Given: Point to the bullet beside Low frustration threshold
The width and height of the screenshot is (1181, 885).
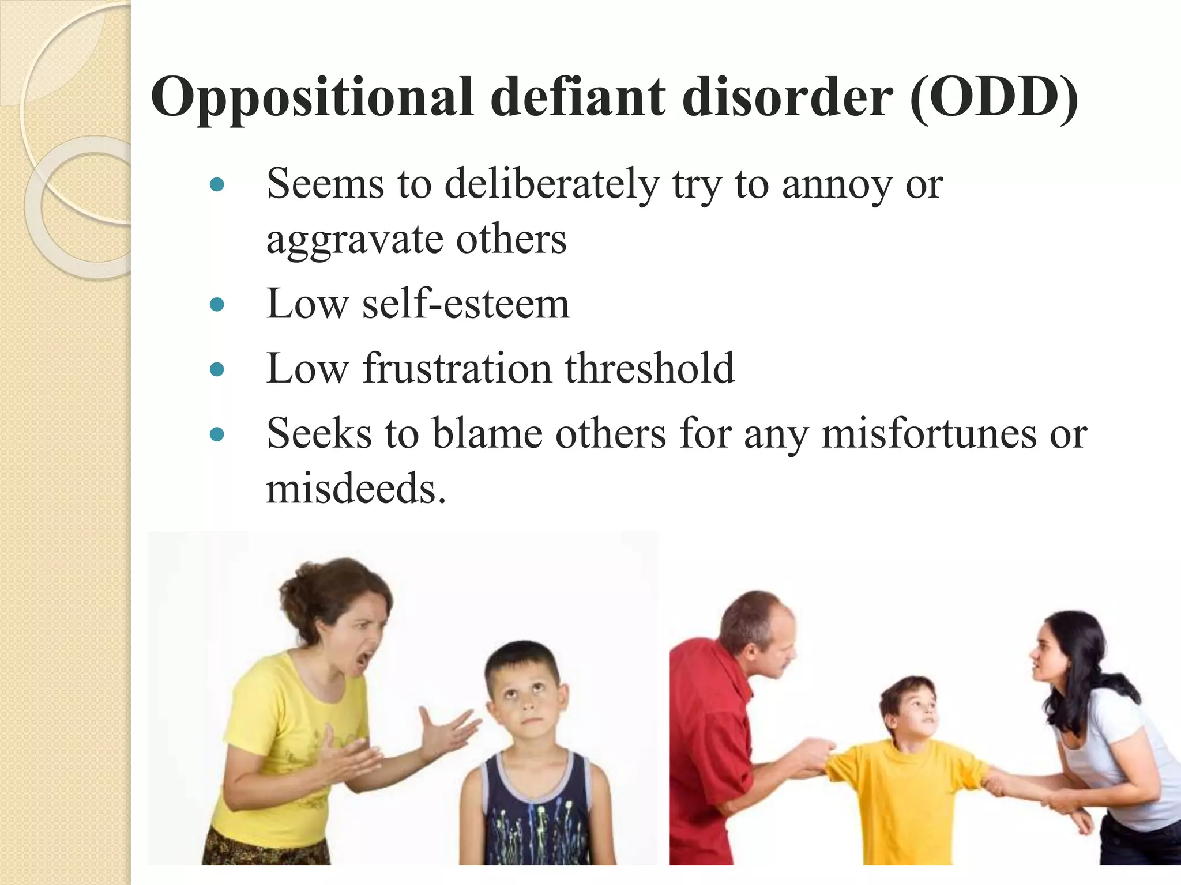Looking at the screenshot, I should (217, 369).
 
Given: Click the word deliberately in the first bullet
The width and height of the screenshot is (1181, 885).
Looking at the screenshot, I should (551, 184).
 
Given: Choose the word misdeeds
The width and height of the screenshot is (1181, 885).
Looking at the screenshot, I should (355, 489).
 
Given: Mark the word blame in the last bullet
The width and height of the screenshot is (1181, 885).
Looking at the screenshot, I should (487, 433).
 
